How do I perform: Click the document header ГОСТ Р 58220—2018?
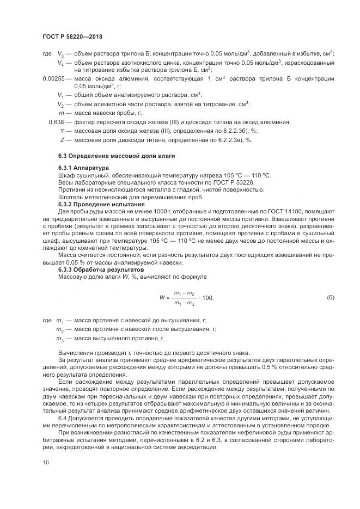tap(72, 36)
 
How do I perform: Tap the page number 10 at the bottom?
tap(45, 462)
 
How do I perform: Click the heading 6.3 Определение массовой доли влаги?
tap(108, 157)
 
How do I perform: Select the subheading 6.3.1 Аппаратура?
tap(83, 168)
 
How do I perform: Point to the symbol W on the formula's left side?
tap(162, 298)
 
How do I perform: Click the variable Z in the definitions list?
tap(63, 140)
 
